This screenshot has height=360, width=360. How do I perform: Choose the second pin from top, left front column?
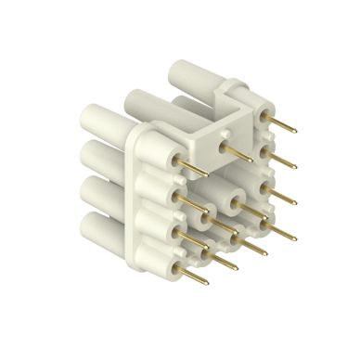point(192,206)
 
